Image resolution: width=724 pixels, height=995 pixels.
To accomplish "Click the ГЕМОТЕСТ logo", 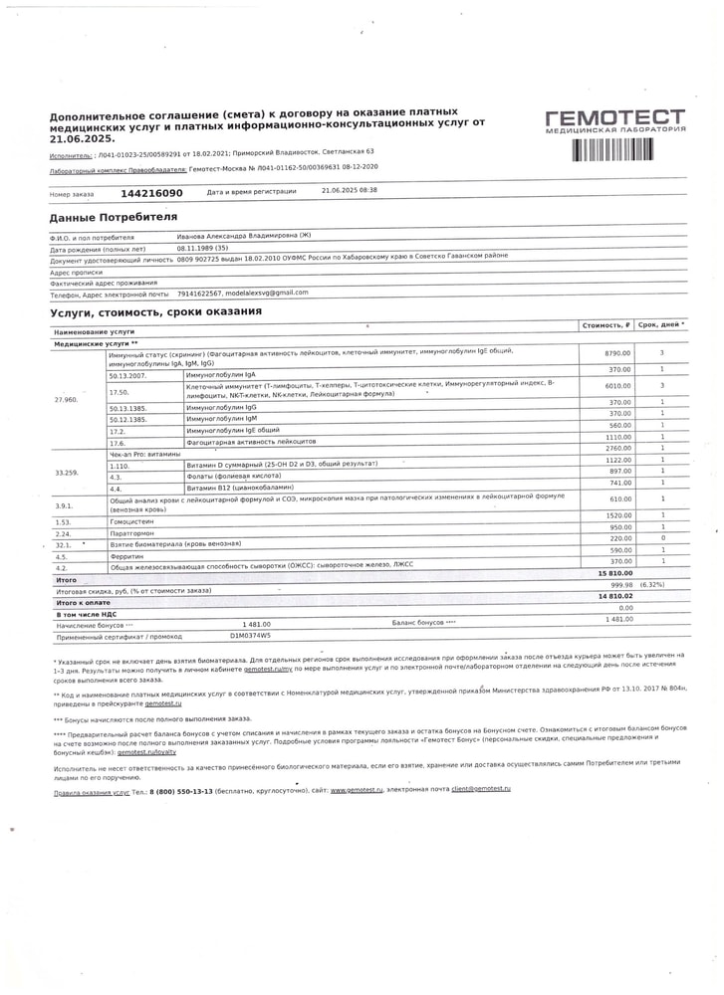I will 614,121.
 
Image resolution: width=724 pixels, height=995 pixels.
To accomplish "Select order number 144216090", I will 151,193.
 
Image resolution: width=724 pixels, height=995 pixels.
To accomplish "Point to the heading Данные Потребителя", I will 114,217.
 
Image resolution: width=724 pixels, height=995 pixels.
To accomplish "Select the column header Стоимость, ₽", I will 606,325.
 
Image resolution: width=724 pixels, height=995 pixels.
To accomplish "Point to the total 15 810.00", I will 615,574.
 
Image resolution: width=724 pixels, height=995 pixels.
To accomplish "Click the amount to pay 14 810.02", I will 615,596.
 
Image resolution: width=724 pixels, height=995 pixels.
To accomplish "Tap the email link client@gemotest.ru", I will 480,788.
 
